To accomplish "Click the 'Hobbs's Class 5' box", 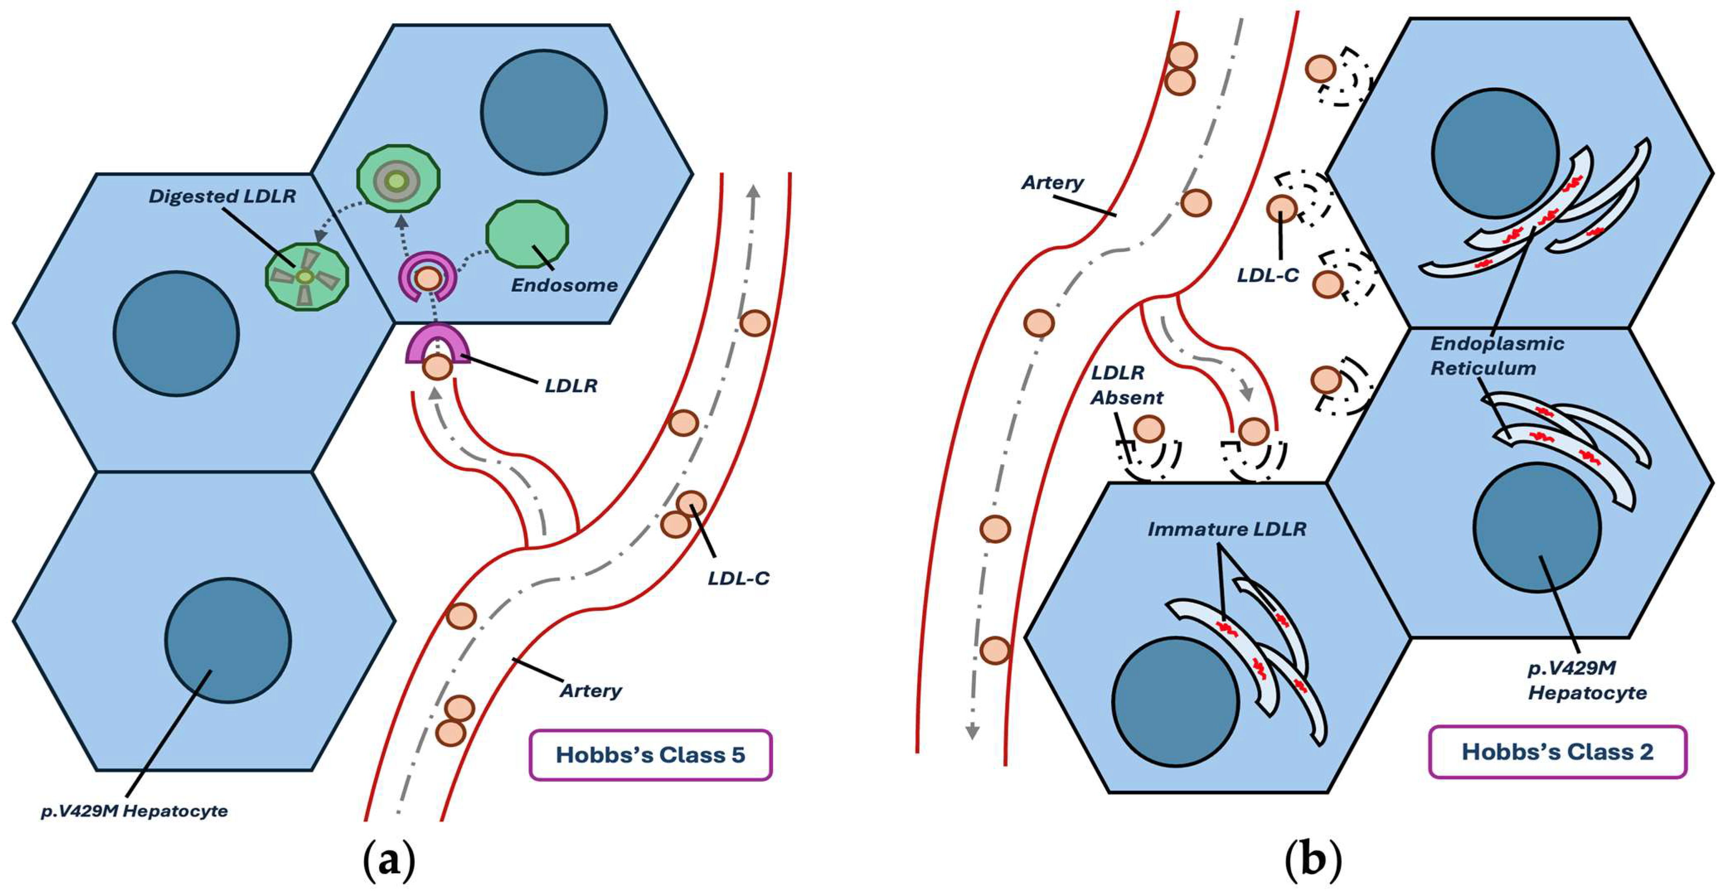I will (x=650, y=755).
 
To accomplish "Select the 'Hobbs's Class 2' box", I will (x=1557, y=752).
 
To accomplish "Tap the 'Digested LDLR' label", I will (x=222, y=196).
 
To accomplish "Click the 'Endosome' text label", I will (x=564, y=286).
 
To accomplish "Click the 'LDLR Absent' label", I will (x=1127, y=385).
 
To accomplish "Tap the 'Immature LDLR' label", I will (x=1227, y=529).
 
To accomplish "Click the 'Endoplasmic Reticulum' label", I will (x=1497, y=356).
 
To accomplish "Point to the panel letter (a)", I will (x=388, y=862).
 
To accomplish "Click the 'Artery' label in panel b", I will (x=1052, y=182).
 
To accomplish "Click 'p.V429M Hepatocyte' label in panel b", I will (x=1587, y=680).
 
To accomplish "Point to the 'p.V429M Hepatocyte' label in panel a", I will (x=134, y=811).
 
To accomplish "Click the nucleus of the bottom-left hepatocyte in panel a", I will (x=228, y=640).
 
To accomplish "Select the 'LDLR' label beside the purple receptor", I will (x=570, y=386).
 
